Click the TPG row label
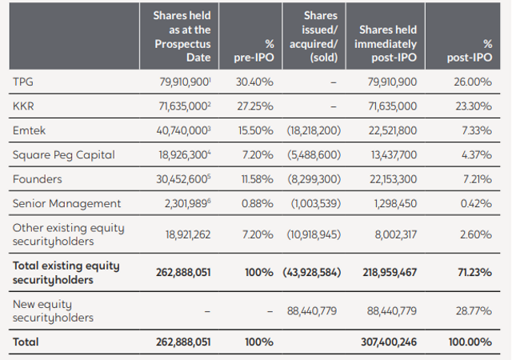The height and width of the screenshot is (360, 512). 23,82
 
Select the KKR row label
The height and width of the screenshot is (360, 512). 23,106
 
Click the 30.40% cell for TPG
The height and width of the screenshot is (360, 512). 256,82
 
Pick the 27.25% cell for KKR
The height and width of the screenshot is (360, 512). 256,106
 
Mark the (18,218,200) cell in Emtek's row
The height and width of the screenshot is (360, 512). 314,130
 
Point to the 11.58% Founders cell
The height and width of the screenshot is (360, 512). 257,179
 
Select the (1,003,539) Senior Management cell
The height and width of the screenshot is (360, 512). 315,203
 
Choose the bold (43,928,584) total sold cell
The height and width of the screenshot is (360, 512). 311,272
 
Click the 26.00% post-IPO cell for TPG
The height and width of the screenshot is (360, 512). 474,82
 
